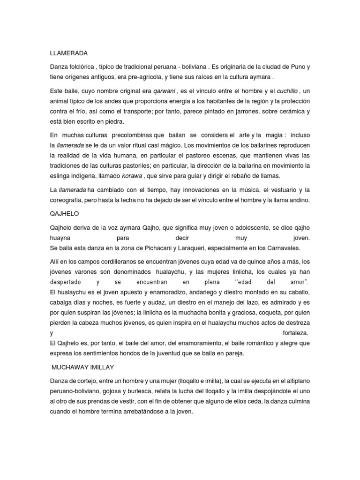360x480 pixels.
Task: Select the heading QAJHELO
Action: click(x=64, y=213)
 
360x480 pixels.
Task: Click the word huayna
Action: click(x=60, y=238)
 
